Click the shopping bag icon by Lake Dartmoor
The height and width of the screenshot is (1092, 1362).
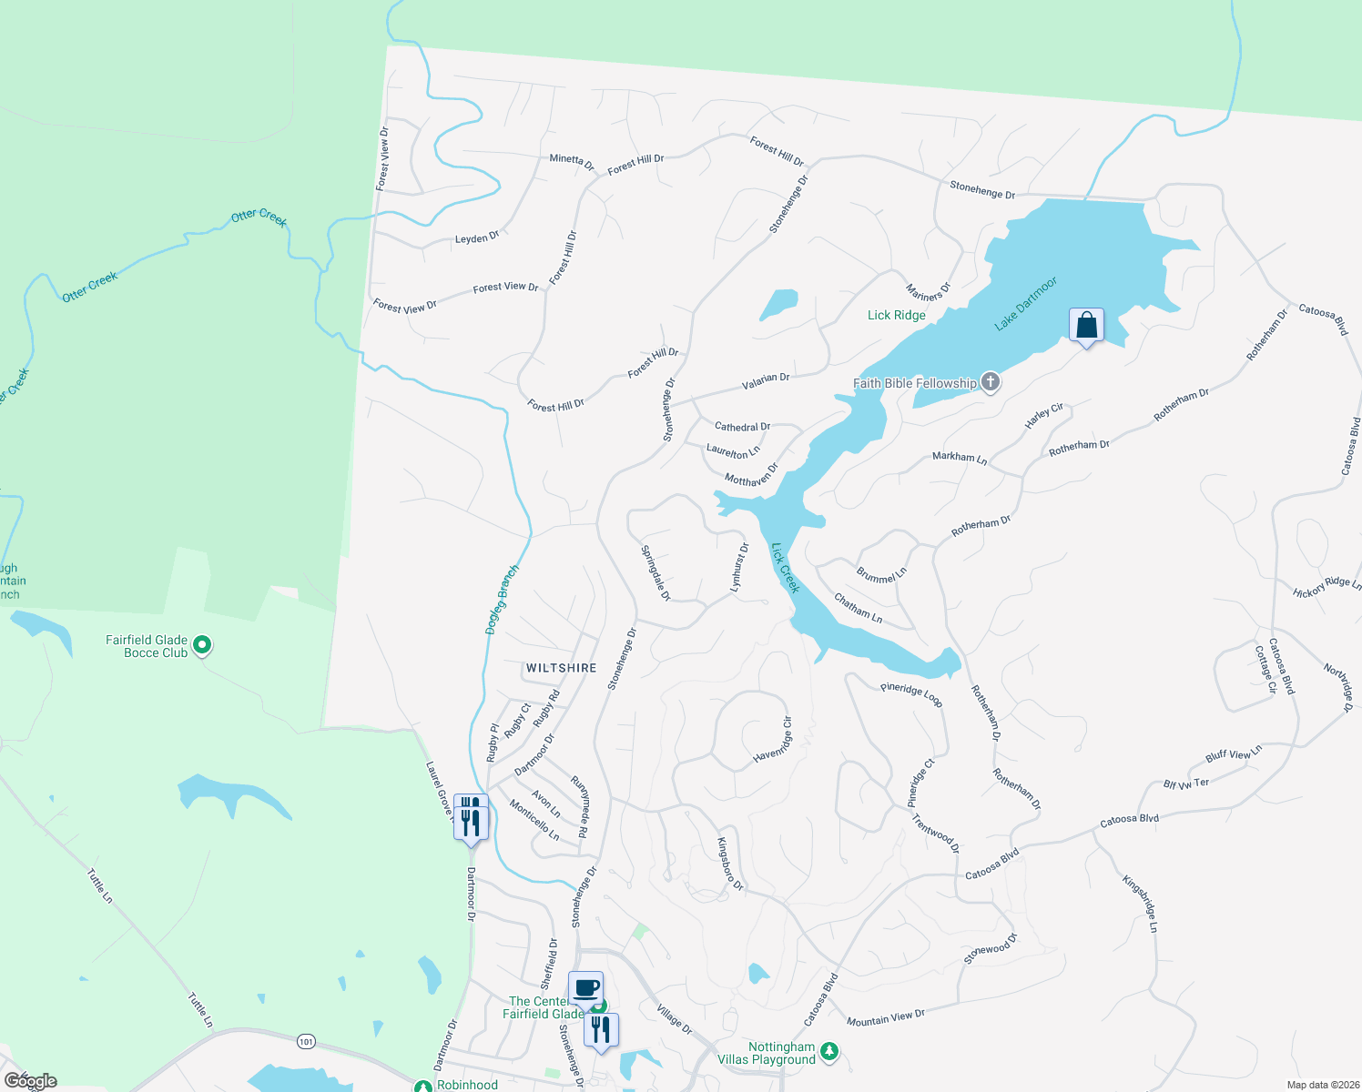1086,326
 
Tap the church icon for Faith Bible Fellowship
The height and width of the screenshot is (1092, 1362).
991,383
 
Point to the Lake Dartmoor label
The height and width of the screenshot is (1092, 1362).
1025,304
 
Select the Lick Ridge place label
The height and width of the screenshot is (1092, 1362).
896,315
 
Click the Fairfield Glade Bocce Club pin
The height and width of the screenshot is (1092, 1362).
203,646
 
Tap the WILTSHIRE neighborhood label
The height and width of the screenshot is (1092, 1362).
561,668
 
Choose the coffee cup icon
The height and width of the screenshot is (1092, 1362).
585,988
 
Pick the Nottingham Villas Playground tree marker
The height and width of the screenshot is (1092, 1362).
828,1052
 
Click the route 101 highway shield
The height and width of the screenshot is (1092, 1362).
306,1040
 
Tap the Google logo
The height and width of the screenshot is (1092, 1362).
30,1080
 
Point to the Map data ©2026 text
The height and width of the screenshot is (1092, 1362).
1319,1085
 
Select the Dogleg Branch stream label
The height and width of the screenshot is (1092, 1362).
502,600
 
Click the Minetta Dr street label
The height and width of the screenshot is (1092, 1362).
571,162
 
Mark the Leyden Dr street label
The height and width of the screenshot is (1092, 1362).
477,238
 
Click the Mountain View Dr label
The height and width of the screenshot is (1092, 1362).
885,1018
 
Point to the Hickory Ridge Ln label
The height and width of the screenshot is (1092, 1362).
1326,588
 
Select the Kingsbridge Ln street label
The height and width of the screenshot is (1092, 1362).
1140,904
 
